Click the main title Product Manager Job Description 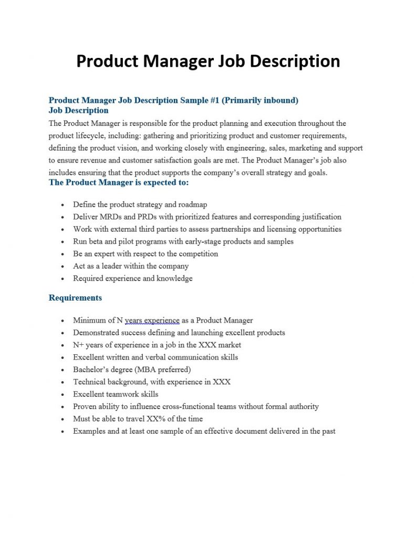[x=208, y=61]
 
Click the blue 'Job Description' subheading [x=78, y=111]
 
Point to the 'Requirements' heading [x=75, y=298]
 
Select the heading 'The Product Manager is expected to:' [x=118, y=183]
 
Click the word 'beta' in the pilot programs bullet [x=96, y=242]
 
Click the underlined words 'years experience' [x=152, y=321]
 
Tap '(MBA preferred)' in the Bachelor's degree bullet [x=165, y=370]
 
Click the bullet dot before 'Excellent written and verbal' [x=63, y=358]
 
